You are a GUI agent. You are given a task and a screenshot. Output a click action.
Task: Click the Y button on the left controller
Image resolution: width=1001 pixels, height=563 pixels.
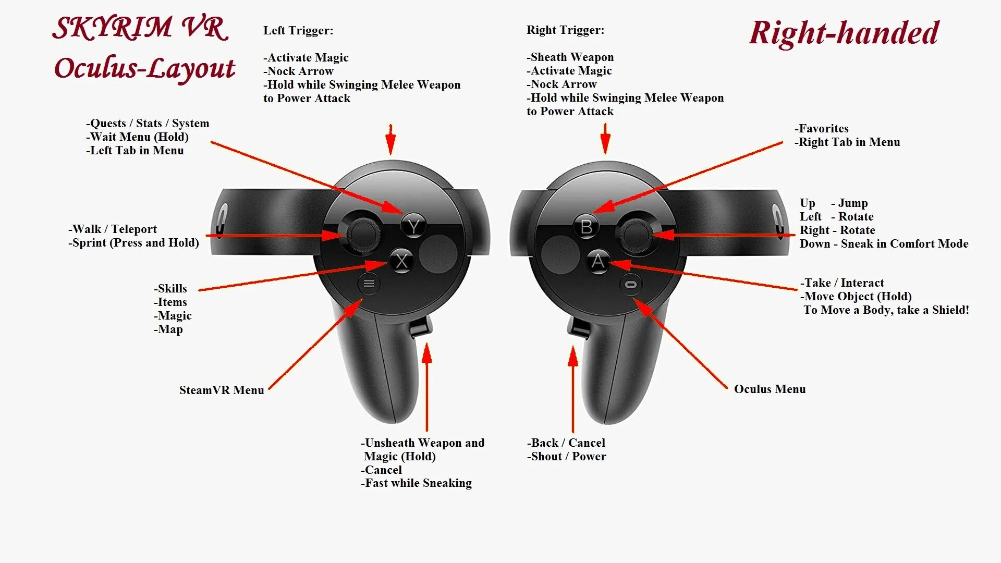[413, 227]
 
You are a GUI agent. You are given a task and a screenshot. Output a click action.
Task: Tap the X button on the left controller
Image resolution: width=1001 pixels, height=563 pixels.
[401, 261]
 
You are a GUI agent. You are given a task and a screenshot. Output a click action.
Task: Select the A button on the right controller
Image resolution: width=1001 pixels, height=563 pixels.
[597, 261]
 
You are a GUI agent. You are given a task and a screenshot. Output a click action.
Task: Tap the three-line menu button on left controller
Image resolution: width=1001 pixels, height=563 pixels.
[369, 284]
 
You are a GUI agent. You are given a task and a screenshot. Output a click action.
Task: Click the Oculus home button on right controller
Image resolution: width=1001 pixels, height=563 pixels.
[631, 285]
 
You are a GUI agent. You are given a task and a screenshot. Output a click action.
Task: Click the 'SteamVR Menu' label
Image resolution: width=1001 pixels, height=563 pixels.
[222, 390]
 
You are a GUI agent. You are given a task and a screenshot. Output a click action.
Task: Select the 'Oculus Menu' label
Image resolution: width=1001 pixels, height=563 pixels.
[770, 389]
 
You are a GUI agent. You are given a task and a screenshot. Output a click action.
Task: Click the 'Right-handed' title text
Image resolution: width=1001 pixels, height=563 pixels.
[844, 32]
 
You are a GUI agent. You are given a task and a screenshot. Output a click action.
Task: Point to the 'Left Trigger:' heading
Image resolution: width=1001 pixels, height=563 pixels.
[298, 30]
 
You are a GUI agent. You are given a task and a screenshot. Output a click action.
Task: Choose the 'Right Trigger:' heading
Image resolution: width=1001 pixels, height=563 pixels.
[565, 30]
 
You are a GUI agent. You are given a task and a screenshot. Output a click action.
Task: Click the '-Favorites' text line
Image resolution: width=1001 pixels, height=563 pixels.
[821, 128]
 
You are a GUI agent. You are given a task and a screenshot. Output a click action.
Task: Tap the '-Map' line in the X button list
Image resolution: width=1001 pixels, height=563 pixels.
[168, 329]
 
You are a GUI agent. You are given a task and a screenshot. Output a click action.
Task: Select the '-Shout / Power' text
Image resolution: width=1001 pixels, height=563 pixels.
[566, 456]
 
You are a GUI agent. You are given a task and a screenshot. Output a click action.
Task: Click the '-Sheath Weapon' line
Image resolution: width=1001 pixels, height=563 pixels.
[570, 57]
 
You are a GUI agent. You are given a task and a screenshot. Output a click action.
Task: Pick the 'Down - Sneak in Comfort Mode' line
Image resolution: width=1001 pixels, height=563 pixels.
[884, 243]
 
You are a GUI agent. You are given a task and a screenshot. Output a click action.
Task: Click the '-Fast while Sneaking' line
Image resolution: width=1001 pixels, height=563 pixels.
[416, 483]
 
